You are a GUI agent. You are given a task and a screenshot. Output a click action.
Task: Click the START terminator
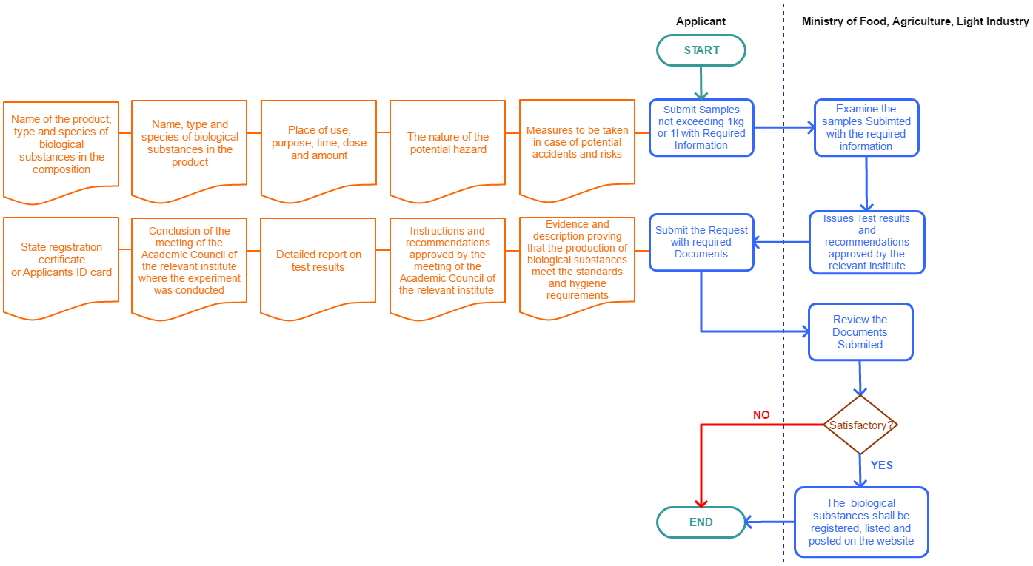[701, 50]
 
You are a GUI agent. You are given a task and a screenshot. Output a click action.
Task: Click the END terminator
[701, 522]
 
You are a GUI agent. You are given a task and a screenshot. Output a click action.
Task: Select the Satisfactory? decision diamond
[860, 425]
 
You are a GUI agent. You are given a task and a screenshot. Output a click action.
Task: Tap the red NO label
[761, 415]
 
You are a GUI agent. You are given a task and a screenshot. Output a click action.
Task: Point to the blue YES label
[881, 465]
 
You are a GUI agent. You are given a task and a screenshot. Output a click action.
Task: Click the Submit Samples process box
[701, 127]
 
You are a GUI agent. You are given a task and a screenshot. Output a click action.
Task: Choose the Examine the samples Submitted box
[866, 127]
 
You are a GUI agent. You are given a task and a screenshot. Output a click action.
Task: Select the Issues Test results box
[866, 242]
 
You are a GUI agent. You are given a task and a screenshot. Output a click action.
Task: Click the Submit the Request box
[701, 242]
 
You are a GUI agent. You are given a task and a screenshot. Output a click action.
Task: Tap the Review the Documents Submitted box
[860, 331]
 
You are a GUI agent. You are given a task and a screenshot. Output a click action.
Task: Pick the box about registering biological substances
[860, 522]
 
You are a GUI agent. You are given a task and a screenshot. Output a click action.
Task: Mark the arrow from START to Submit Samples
[701, 81]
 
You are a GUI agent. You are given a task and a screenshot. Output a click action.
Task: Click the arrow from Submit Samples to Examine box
[783, 127]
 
